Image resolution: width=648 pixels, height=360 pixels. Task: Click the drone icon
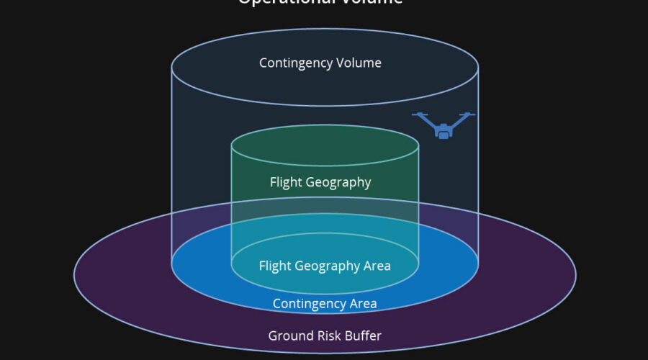[444, 125]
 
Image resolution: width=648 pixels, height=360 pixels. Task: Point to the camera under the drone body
[444, 133]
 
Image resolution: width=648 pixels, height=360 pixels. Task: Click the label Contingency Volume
[320, 63]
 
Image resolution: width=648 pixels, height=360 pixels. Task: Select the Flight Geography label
[320, 182]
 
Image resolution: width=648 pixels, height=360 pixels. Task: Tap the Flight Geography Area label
[325, 266]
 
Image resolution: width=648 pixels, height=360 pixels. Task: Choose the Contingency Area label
[325, 304]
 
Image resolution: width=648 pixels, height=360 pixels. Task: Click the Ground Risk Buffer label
[325, 336]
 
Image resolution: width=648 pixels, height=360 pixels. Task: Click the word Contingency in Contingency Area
[308, 304]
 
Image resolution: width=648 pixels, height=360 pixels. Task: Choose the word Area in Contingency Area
[361, 304]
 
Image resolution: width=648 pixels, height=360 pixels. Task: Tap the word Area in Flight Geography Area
[376, 266]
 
